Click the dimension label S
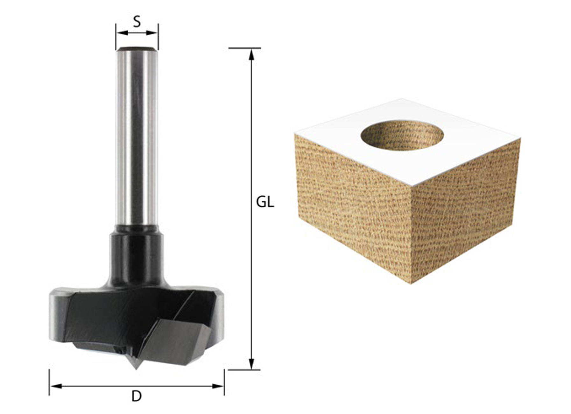point(137,22)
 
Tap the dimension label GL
point(265,202)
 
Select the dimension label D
point(137,396)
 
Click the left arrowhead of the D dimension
point(56,386)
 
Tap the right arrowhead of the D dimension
point(218,386)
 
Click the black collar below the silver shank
point(137,255)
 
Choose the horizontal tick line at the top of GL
point(244,48)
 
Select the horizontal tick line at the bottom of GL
point(244,370)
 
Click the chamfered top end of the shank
point(137,49)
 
